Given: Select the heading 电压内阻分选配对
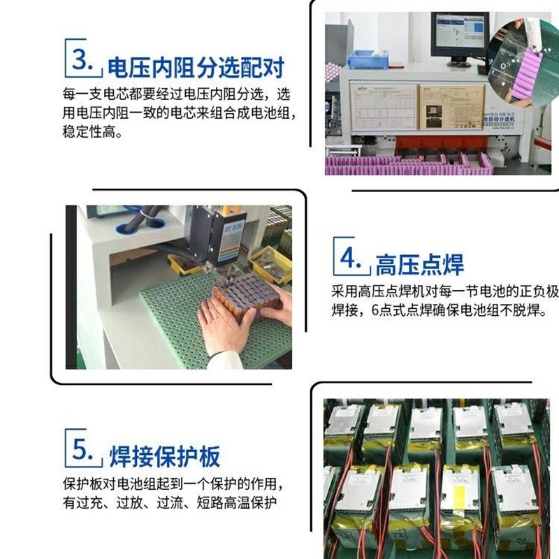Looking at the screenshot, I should (195, 68).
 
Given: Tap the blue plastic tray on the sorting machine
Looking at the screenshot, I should (369, 59).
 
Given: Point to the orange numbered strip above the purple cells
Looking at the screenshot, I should (447, 143).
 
